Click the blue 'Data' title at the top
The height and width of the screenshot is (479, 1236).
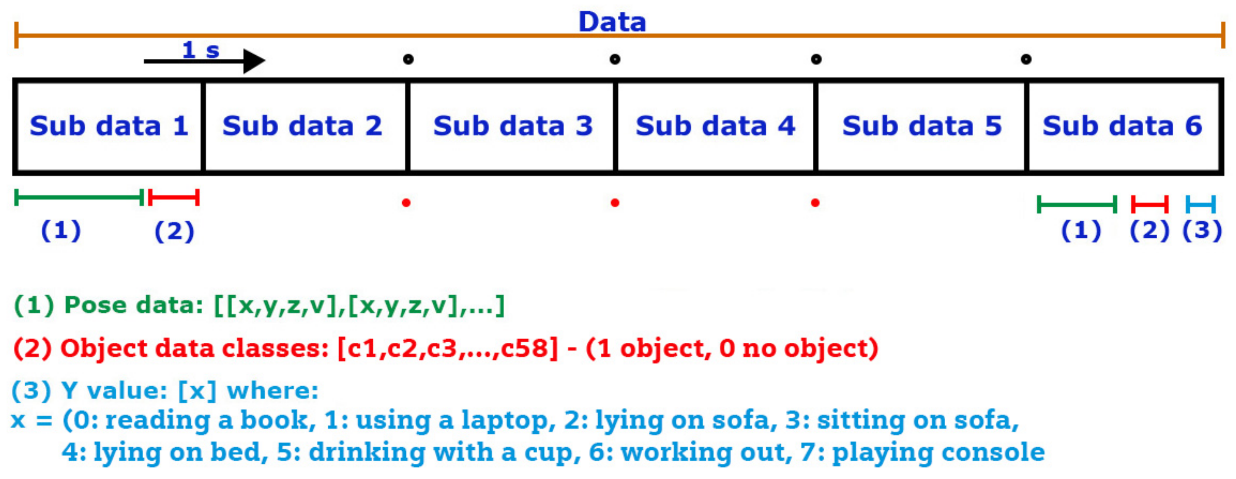(612, 22)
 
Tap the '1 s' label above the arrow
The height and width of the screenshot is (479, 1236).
(201, 50)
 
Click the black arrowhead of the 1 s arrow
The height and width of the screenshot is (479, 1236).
(253, 61)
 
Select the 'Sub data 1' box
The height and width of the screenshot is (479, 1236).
(109, 126)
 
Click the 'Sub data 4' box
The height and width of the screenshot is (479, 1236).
(715, 126)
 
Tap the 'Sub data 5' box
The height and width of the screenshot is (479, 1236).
(922, 126)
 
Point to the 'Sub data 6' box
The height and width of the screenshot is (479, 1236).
(1122, 126)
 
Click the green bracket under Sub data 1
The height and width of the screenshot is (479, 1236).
(79, 197)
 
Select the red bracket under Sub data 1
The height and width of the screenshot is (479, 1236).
(174, 197)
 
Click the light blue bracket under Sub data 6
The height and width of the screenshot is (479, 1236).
(1200, 204)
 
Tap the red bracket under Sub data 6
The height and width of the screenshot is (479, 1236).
(1150, 204)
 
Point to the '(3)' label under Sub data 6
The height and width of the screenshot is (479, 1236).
(1202, 230)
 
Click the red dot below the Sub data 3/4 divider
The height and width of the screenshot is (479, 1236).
(615, 203)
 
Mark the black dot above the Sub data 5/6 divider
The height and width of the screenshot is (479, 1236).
(1026, 60)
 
